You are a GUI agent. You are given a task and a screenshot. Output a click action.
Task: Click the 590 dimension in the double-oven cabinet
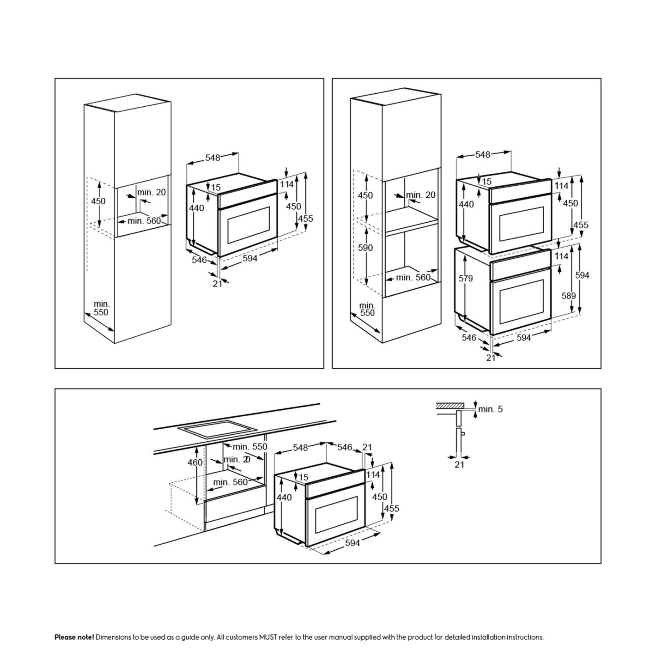tap(365, 248)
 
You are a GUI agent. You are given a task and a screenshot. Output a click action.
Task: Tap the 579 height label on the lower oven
tap(465, 278)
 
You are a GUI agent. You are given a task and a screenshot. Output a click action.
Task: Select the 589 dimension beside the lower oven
tap(569, 296)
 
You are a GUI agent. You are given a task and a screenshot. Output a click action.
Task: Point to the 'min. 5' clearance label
tap(490, 409)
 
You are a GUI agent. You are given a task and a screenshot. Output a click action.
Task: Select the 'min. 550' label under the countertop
tap(250, 447)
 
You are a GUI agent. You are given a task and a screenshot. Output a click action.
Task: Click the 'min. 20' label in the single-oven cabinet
tap(152, 192)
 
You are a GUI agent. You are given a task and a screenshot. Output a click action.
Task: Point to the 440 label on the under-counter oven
tap(284, 497)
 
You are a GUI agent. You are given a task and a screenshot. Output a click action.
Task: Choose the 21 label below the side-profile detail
tap(459, 465)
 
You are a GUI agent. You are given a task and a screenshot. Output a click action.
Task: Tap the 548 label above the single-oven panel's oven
tap(213, 158)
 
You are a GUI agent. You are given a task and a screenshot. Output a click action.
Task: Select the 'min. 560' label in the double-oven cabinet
tap(413, 277)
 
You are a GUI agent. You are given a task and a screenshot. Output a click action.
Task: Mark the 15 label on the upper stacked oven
tap(487, 182)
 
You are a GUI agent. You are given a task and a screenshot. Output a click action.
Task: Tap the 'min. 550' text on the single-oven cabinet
tap(101, 308)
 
